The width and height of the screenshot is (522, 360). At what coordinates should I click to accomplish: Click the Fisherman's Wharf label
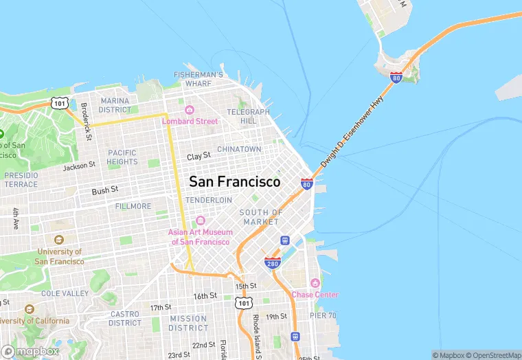coord(198,78)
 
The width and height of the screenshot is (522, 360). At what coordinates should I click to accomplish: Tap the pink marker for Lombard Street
coord(190,110)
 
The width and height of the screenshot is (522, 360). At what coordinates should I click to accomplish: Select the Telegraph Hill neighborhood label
coord(248,116)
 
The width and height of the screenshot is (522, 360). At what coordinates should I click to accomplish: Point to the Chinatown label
coord(239,149)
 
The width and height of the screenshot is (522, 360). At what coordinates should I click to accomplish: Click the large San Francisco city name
coord(234,182)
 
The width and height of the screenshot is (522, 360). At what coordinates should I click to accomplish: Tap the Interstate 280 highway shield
coord(272,262)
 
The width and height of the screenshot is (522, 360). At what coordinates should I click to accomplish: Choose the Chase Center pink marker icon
coord(315,283)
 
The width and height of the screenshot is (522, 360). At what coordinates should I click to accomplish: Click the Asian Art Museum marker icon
coord(201,221)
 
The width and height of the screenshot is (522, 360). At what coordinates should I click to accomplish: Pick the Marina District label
coord(115,105)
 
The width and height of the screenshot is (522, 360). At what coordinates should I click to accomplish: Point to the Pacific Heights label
coord(122,157)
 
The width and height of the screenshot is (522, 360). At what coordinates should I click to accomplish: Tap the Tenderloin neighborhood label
coord(208,200)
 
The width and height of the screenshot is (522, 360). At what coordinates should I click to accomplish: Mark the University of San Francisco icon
coord(58,240)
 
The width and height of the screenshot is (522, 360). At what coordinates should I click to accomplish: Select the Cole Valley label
coord(65,293)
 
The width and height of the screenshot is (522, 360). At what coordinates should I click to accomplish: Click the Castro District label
coord(125,318)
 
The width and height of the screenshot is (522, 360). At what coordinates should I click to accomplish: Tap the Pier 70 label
coord(322,315)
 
